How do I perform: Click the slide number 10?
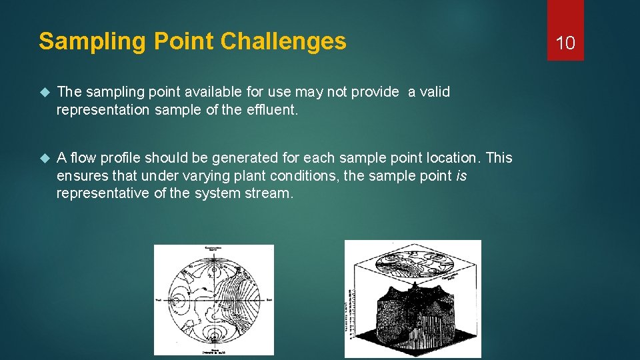[x=565, y=43]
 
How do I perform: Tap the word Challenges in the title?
[x=283, y=41]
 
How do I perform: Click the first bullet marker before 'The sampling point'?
[x=45, y=92]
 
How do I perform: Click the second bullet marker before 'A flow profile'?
[x=45, y=158]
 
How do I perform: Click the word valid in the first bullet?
[x=435, y=92]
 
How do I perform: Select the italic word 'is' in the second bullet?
[x=461, y=176]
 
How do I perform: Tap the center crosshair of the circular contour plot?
[x=214, y=300]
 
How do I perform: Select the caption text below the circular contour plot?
[x=214, y=350]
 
